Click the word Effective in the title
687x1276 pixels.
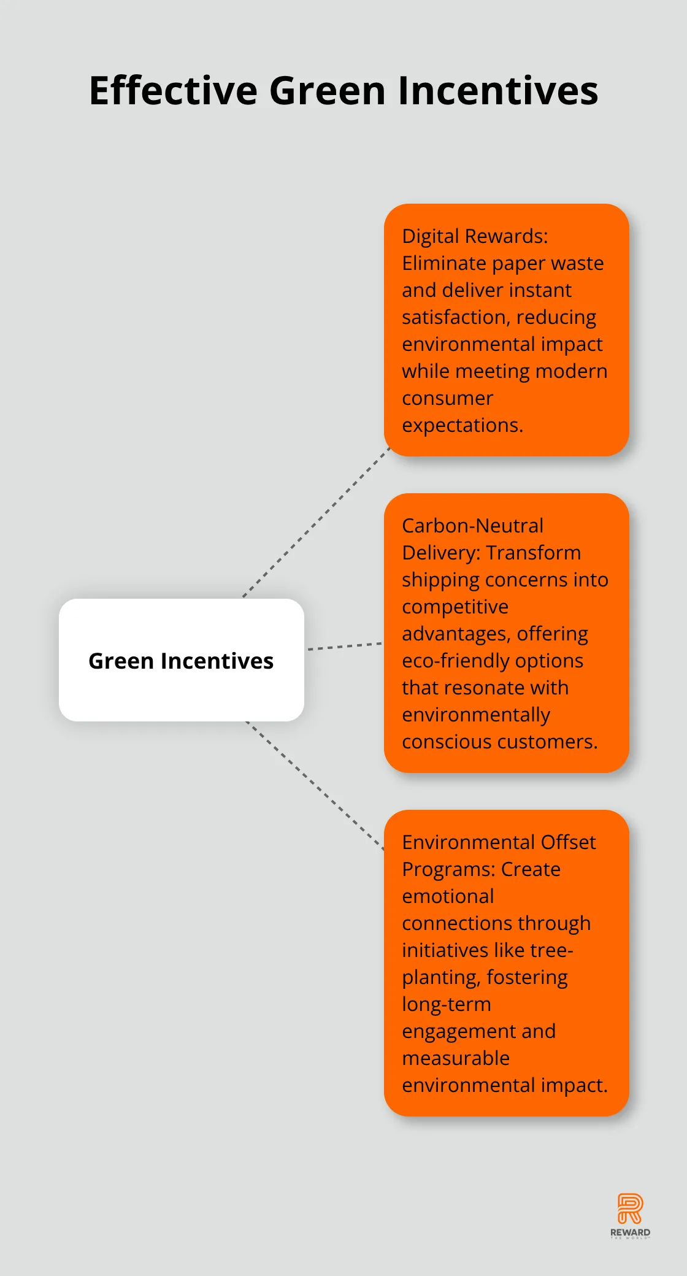point(174,91)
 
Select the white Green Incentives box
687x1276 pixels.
point(182,660)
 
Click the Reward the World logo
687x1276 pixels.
point(630,1216)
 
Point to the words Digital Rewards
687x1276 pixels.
point(475,236)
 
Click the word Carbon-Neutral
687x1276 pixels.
point(472,526)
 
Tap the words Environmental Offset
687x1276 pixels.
point(499,842)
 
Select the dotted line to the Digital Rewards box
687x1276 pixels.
point(317,523)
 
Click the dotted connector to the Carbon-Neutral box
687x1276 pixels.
point(344,646)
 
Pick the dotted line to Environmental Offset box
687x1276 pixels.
point(315,786)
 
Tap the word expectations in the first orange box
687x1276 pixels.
point(462,425)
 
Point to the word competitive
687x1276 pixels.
point(455,607)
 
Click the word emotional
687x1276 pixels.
point(448,896)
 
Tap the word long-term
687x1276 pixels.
point(447,1004)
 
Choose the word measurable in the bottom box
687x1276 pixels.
point(456,1058)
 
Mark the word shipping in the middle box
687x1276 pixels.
point(442,580)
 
